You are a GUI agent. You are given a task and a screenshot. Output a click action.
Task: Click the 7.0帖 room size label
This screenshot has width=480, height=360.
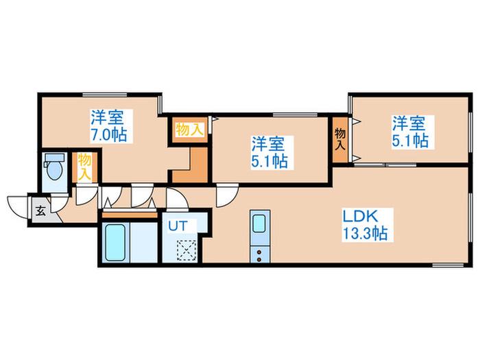[108, 134]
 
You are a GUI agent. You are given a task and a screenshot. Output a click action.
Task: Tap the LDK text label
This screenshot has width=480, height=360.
[360, 217]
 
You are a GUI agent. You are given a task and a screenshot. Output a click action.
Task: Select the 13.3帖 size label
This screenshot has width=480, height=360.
[365, 234]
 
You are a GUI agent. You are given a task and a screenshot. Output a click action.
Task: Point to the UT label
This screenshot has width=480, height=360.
[177, 226]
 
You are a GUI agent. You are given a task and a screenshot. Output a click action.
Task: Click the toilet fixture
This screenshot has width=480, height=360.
[54, 167]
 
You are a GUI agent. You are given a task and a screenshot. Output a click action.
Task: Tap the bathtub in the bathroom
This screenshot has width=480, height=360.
[115, 242]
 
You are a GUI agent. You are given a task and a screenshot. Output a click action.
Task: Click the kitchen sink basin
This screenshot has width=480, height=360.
[259, 223]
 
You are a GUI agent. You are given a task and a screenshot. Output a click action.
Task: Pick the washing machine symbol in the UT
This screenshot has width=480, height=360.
[187, 251]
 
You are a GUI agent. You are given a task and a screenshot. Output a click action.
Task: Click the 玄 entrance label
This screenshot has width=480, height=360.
[40, 211]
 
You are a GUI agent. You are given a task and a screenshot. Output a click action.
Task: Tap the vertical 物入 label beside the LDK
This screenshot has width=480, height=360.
[340, 139]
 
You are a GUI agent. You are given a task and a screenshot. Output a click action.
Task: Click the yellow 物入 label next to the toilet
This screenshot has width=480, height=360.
[84, 167]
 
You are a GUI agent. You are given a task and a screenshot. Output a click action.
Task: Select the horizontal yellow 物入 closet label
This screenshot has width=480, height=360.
[189, 130]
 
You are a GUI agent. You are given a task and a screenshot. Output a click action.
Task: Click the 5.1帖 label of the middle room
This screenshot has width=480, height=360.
[269, 161]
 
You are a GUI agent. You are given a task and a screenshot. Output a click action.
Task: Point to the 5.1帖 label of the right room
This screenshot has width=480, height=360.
[410, 141]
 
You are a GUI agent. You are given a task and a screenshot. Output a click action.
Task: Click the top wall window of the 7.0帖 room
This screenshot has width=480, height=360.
[105, 95]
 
